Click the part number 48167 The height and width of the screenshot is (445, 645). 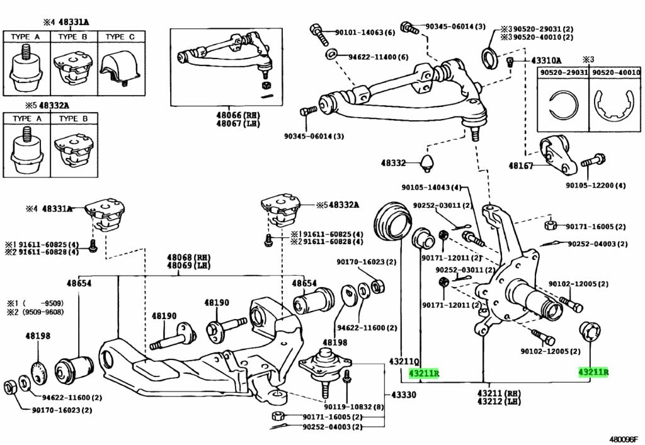point(521,166)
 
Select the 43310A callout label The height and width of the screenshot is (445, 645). point(545,60)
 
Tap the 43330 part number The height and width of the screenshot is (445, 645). point(404,395)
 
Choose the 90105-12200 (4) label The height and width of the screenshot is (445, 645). point(595,185)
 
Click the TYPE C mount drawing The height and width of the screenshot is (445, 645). point(120,65)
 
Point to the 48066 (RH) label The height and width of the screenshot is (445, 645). point(224,116)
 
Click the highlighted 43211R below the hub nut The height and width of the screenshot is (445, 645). point(593,372)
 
